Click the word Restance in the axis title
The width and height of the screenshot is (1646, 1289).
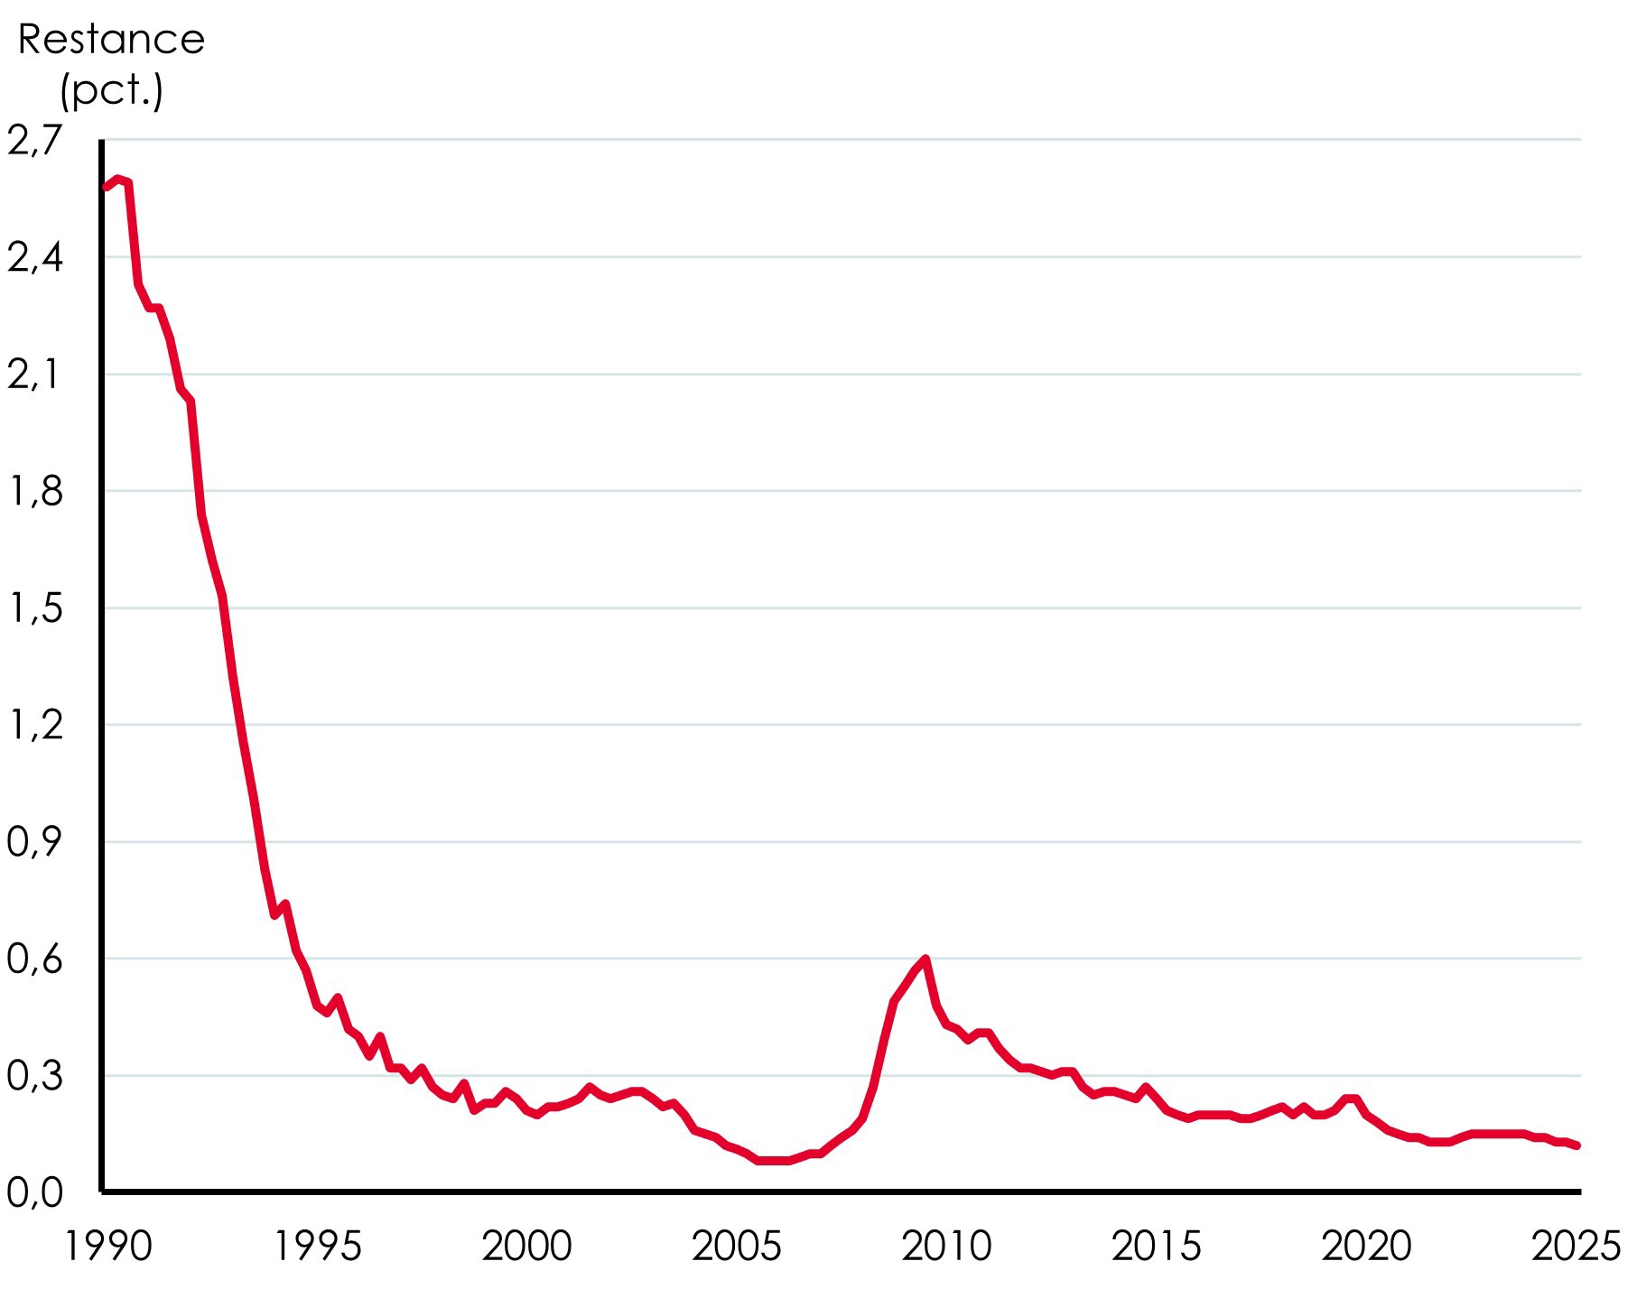(x=111, y=40)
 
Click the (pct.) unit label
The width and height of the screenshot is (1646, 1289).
(x=111, y=89)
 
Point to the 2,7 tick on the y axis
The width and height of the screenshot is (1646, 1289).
(x=35, y=141)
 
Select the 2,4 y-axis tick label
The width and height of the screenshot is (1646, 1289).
(x=35, y=258)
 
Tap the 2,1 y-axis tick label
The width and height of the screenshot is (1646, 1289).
(x=35, y=375)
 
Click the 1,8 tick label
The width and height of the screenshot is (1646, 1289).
(x=35, y=492)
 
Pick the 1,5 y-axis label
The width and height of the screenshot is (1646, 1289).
(x=35, y=608)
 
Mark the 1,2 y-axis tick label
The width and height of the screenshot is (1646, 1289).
(x=35, y=725)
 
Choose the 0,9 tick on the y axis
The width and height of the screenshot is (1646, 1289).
(x=35, y=842)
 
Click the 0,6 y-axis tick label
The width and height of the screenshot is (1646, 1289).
(x=35, y=959)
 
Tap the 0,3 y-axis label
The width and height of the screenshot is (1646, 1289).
(x=35, y=1076)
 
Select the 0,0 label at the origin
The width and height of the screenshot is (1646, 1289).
(x=35, y=1193)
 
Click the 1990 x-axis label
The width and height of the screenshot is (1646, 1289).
(x=108, y=1247)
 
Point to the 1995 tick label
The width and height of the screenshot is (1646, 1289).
(x=318, y=1247)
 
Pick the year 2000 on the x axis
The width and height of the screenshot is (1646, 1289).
(x=527, y=1247)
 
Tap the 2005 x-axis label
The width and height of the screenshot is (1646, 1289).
(x=737, y=1247)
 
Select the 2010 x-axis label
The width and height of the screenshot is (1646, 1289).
(x=946, y=1247)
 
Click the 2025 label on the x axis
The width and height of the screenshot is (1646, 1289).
(x=1576, y=1247)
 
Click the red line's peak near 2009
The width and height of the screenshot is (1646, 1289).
(x=925, y=959)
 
